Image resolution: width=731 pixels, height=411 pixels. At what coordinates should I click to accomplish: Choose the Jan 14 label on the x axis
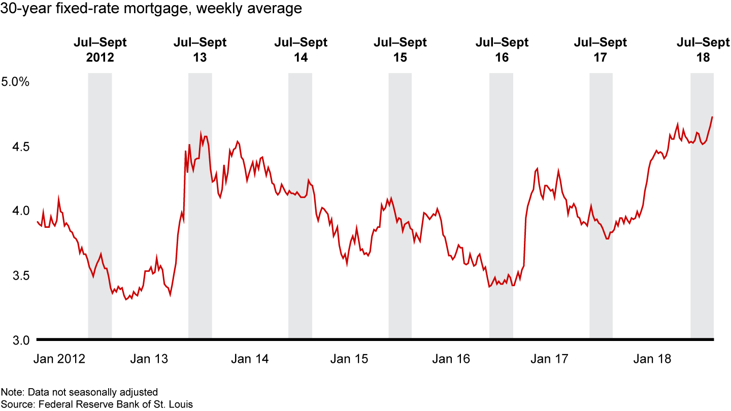pyautogui.click(x=249, y=359)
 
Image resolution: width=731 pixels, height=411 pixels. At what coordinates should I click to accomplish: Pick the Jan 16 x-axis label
pyautogui.click(x=451, y=359)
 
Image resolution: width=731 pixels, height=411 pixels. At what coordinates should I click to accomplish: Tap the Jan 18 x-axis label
pyautogui.click(x=652, y=359)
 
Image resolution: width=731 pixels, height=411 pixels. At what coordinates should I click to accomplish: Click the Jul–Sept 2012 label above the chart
pyautogui.click(x=100, y=50)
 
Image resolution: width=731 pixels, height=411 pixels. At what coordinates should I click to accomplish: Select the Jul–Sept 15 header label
pyautogui.click(x=400, y=50)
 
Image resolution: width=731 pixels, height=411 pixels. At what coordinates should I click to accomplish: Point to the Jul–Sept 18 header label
pyautogui.click(x=703, y=50)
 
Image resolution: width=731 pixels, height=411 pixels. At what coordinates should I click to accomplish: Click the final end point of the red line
pyautogui.click(x=713, y=117)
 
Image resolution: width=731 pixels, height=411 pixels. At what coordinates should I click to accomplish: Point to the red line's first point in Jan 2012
pyautogui.click(x=37, y=221)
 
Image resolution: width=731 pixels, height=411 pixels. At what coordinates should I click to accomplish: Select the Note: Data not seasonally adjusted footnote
pyautogui.click(x=79, y=392)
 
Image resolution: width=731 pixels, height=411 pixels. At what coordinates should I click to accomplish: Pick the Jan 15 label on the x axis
pyautogui.click(x=349, y=359)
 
